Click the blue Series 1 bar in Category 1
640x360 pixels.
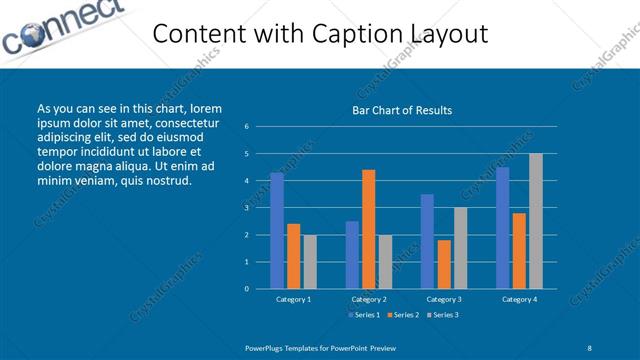click(x=276, y=231)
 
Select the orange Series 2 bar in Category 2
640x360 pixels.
click(x=369, y=229)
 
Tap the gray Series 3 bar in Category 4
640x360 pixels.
click(x=536, y=221)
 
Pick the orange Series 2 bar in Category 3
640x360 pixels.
click(x=444, y=264)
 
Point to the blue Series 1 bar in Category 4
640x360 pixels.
click(x=502, y=228)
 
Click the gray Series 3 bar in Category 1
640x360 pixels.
click(x=310, y=262)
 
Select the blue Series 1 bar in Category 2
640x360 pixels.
click(x=352, y=255)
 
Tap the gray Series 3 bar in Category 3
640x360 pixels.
click(x=460, y=248)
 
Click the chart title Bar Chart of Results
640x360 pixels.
click(x=402, y=110)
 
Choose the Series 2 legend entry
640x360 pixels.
click(x=402, y=315)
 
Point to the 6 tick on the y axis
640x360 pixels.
click(x=246, y=127)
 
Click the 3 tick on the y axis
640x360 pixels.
click(x=246, y=208)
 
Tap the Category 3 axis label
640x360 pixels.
click(x=443, y=299)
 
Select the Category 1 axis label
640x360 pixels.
click(x=293, y=299)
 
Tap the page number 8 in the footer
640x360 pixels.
click(x=590, y=347)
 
